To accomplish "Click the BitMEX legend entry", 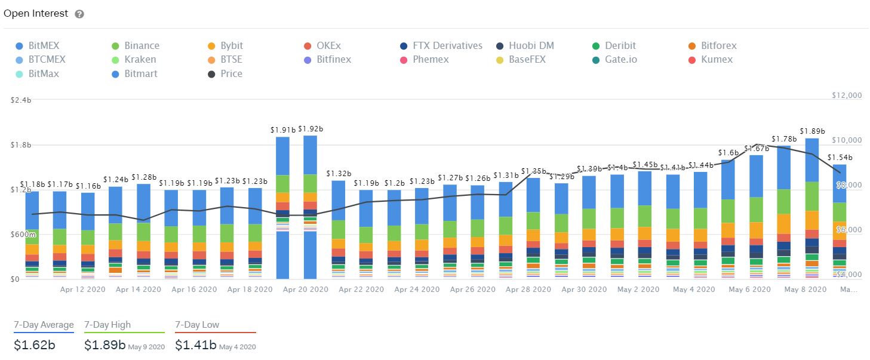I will (38, 46).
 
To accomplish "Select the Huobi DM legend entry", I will (526, 46).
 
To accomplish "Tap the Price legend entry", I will (225, 74).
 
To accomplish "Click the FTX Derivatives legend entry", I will (441, 46).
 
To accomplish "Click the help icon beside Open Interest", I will (79, 14).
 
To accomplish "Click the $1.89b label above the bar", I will (812, 131).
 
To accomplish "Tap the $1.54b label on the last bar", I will (840, 158).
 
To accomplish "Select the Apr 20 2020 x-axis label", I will (305, 290).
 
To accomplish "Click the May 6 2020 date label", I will (749, 290).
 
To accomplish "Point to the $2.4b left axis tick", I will (20, 100).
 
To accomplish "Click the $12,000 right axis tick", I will (847, 96).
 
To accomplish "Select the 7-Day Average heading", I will (44, 325).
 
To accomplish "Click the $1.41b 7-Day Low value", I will (195, 345).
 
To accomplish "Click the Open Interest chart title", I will (36, 13).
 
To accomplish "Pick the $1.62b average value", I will (34, 345).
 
